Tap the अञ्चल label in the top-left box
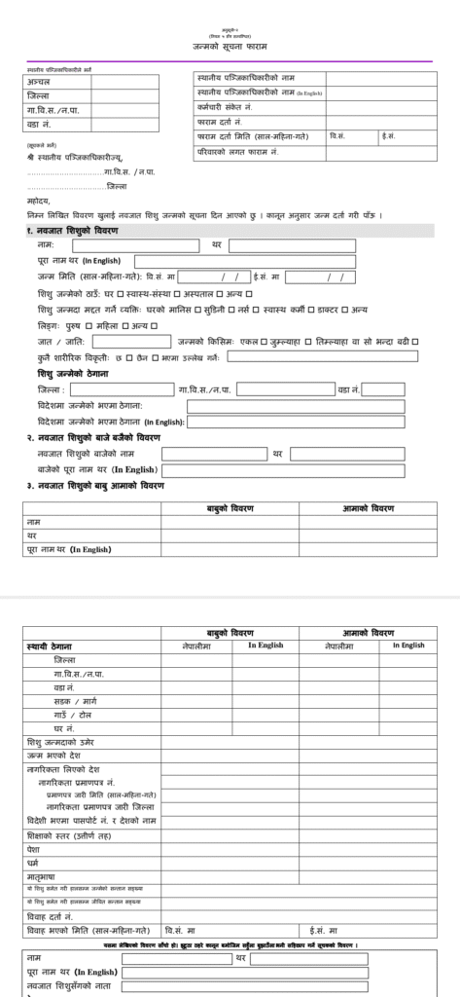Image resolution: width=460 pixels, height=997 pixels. click(40, 82)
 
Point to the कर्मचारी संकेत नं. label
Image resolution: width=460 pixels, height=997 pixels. click(224, 107)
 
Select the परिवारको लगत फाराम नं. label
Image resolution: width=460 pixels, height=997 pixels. click(237, 153)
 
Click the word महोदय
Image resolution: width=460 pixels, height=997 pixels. click(39, 202)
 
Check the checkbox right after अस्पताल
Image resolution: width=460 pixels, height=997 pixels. click(219, 293)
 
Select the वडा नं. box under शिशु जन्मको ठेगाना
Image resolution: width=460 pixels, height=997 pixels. click(383, 389)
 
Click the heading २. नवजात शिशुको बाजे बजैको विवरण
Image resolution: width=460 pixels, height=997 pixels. click(93, 438)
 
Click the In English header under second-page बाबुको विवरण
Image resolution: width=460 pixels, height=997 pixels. click(265, 645)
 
